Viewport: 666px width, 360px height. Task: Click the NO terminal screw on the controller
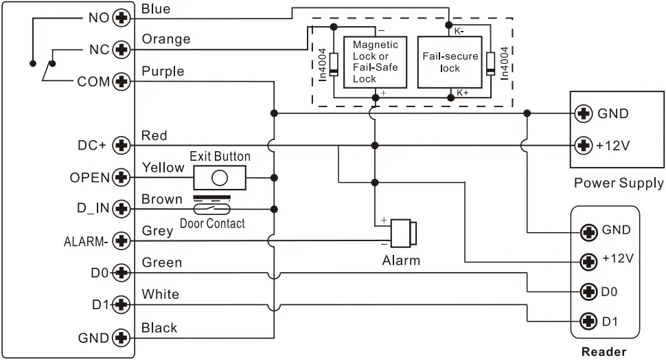pos(122,17)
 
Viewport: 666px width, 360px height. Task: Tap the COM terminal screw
pos(122,81)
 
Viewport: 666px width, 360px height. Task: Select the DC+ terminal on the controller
pos(122,145)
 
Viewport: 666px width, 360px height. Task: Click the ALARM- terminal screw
pos(122,241)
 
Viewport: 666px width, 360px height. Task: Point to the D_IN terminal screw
pos(122,209)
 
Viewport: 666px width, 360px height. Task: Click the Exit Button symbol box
pos(220,178)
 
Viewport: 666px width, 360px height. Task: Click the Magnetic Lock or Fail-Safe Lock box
pos(375,62)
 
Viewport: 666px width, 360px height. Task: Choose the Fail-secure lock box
pos(450,62)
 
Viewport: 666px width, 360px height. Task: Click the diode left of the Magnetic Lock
pos(334,63)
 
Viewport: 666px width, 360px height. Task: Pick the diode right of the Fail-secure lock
pos(490,63)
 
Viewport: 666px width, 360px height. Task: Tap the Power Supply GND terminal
pos(584,113)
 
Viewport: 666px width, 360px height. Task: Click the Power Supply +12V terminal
pos(584,145)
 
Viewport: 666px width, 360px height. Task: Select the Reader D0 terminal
pos(588,291)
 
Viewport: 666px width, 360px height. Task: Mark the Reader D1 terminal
pos(588,320)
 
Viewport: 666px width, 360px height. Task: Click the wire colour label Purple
pos(163,71)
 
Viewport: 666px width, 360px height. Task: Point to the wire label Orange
pos(166,39)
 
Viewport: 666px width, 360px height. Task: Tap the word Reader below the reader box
pos(604,352)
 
